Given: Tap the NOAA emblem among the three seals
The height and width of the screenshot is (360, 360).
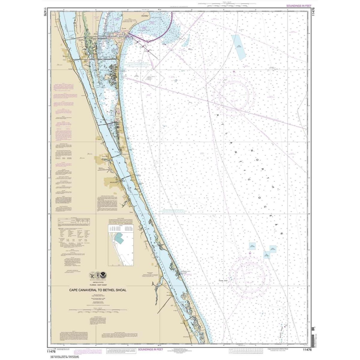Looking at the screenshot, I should coord(103,275).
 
